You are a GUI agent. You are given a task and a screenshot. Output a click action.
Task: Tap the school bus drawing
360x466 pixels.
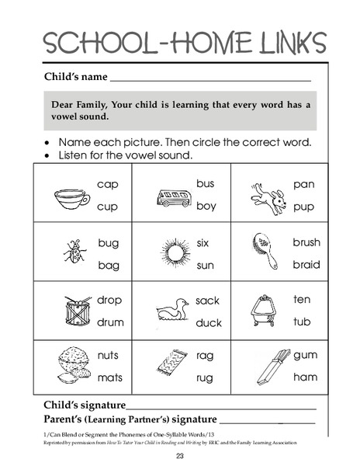pos(174,197)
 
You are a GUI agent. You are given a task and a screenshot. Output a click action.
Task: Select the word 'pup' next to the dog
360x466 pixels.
pos(303,207)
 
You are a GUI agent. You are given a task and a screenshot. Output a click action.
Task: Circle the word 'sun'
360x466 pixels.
pos(205,266)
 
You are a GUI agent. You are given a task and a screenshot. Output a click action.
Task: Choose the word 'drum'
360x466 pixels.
pos(110,321)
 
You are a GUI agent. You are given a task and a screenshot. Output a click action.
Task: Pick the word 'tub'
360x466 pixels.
pos(302,321)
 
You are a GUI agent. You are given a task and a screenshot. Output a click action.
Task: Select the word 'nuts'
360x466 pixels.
pos(109,355)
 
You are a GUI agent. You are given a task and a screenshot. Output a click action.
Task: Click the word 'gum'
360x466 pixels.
pos(305,355)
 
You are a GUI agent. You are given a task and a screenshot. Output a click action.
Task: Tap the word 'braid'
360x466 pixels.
pos(306,264)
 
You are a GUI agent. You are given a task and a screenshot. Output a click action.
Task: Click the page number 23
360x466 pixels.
pos(179,456)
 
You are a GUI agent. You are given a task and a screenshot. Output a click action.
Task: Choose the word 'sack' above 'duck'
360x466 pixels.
pos(207,301)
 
